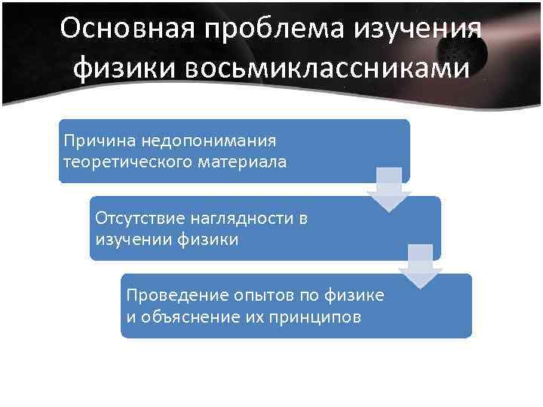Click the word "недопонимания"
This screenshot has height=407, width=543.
click(x=201, y=140)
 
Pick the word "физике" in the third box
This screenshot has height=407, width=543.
click(x=354, y=294)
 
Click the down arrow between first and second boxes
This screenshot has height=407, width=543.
click(x=388, y=190)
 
